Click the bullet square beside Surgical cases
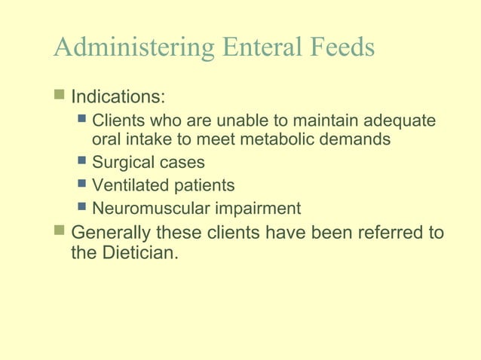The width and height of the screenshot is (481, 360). [x=82, y=160]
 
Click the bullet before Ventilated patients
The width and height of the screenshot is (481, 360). [x=82, y=184]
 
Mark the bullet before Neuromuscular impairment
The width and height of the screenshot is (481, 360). [x=82, y=207]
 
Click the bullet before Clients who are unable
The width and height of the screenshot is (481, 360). [x=82, y=119]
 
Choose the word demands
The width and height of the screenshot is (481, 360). [x=359, y=139]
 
